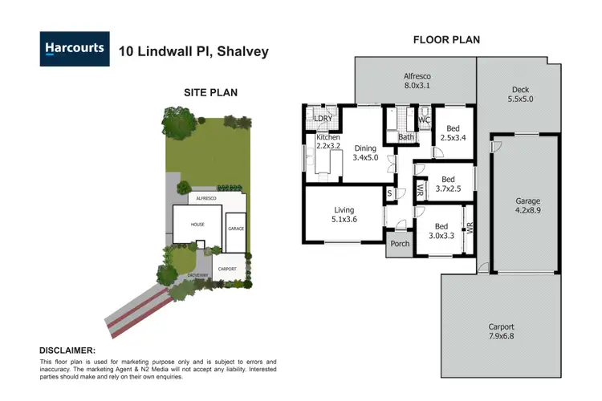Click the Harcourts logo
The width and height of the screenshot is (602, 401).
pyautogui.click(x=73, y=49)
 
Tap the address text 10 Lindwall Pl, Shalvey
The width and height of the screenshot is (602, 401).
pyautogui.click(x=193, y=51)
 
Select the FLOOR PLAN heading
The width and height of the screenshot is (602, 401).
pyautogui.click(x=445, y=39)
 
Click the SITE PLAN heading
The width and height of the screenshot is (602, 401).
pyautogui.click(x=210, y=92)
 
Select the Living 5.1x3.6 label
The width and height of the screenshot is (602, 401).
pyautogui.click(x=344, y=214)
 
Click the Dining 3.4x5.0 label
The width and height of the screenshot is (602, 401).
pyautogui.click(x=365, y=152)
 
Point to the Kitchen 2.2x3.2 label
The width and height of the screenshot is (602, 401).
pyautogui.click(x=327, y=143)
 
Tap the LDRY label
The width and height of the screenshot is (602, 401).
pyautogui.click(x=323, y=119)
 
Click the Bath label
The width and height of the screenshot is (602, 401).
pyautogui.click(x=406, y=137)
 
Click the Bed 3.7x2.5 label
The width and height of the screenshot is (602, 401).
pyautogui.click(x=448, y=184)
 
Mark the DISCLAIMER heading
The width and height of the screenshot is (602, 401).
pyautogui.click(x=67, y=350)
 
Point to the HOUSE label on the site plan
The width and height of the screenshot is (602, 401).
pyautogui.click(x=197, y=225)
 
